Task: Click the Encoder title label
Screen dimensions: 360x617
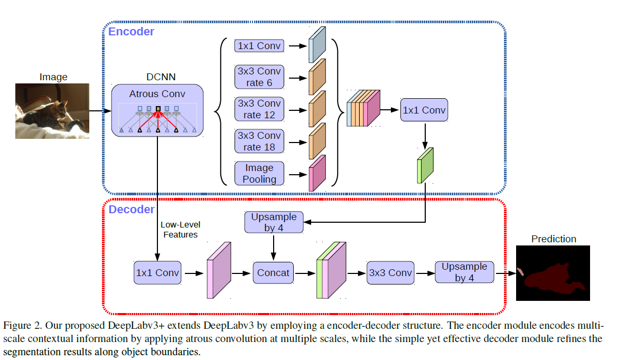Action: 131,32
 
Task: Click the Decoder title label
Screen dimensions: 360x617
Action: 132,210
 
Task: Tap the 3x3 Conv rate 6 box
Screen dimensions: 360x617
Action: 259,77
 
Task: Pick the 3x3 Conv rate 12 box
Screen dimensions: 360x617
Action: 259,109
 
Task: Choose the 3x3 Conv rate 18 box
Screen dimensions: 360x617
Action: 259,141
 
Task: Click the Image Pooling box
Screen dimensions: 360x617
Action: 259,173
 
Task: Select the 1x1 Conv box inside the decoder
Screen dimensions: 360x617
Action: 157,273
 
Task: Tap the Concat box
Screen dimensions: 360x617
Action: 273,273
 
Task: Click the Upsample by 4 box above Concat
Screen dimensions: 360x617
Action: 274,222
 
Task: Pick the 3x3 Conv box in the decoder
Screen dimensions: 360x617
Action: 390,273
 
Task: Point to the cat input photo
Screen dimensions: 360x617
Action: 52,111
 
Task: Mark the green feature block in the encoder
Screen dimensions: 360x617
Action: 425,166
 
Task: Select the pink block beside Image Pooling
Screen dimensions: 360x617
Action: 317,173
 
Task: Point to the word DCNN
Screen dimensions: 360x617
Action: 157,77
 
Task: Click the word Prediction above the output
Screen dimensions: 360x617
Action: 554,239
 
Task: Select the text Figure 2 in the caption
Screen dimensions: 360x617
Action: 22,324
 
